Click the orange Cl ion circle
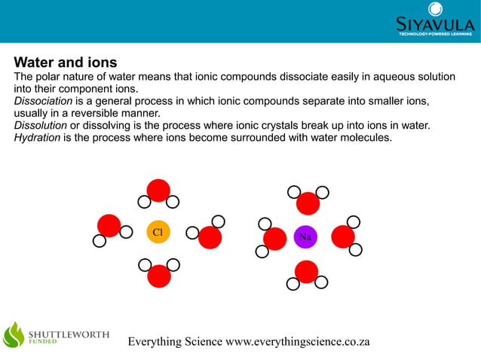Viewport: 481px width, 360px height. (x=158, y=233)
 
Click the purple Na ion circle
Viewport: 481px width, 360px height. (x=305, y=236)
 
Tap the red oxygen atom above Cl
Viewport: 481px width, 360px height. (x=158, y=191)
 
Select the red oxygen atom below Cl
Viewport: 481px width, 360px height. (x=159, y=276)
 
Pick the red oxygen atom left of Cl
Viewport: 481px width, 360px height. (x=109, y=225)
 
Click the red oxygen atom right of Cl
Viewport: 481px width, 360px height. (x=210, y=237)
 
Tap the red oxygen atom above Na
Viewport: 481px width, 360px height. (x=308, y=203)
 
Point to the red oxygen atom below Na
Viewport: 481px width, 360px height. (x=306, y=271)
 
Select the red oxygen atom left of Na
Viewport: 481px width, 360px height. (x=275, y=237)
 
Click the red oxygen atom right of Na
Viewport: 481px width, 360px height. (x=343, y=236)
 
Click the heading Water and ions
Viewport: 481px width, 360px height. (x=66, y=62)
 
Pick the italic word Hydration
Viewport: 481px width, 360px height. (x=37, y=137)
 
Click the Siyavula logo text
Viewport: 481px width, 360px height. (x=435, y=25)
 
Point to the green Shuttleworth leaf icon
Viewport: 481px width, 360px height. (x=14, y=334)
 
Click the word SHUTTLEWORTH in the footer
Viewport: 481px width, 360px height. (x=69, y=333)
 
